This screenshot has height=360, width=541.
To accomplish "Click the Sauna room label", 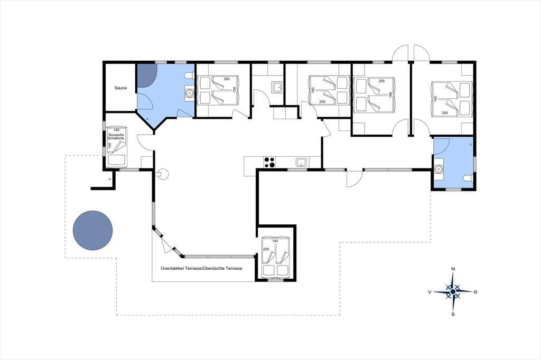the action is coord(120,88).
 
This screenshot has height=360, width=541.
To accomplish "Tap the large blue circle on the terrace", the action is coord(93,230).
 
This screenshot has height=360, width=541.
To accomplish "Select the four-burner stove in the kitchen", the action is coord(269,162).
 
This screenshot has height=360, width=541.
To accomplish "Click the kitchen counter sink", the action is coord(301,162).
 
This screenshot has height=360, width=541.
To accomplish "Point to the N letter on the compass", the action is coord(453,269).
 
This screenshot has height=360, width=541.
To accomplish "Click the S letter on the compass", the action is coord(453,314).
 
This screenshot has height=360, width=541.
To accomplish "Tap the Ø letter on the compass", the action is coord(475,292).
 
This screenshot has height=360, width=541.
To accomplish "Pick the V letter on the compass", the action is coord(430,292).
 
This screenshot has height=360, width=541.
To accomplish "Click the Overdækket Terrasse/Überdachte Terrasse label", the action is coord(201,268).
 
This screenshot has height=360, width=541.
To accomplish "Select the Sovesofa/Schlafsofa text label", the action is coord(116,136).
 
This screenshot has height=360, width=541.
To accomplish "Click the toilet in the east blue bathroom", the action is coord(468,178).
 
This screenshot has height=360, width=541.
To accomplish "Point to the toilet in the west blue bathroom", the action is coord(190,75).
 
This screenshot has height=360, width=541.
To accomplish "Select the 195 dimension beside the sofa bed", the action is coord(110,146).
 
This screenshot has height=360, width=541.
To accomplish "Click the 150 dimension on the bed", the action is coord(234,89).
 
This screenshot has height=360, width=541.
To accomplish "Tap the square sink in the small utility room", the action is coord(277,87).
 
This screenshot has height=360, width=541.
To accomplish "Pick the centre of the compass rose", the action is coord(453,292).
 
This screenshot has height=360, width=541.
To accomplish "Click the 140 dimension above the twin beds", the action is coord(275,241).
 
